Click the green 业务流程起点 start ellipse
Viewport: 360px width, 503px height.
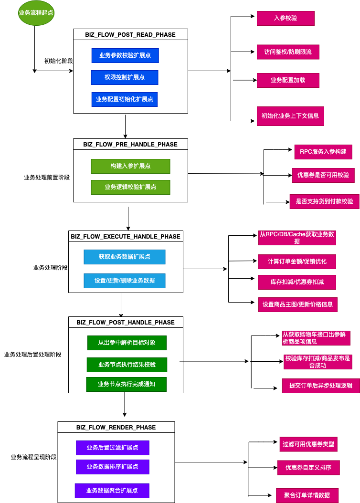[x=36, y=13]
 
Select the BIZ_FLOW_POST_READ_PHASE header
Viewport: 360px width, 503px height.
[x=130, y=34]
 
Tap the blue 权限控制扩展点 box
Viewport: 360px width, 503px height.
[x=125, y=77]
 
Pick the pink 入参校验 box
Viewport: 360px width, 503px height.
[x=286, y=18]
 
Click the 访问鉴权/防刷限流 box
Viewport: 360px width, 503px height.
[x=288, y=52]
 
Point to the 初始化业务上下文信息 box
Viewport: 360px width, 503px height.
[x=290, y=116]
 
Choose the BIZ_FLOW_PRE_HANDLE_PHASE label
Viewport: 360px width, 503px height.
[x=130, y=144]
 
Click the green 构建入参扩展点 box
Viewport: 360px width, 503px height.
[x=130, y=166]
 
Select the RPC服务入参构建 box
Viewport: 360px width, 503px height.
[x=323, y=152]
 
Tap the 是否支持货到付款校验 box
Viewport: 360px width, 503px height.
[x=325, y=201]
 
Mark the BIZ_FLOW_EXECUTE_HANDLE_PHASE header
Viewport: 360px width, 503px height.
[x=126, y=236]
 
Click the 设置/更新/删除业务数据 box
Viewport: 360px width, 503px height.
[x=125, y=281]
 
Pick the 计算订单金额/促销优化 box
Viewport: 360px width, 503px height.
[x=297, y=262]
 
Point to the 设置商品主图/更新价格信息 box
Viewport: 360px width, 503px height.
[x=297, y=304]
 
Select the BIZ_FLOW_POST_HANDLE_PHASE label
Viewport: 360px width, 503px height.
[x=126, y=322]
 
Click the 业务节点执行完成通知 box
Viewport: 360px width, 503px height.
[x=126, y=384]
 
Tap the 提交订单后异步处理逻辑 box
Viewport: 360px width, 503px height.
[x=321, y=386]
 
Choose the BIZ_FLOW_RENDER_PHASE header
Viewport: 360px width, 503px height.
[x=116, y=427]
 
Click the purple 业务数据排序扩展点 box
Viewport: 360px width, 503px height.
[x=113, y=467]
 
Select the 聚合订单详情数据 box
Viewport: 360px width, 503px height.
[x=307, y=495]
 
